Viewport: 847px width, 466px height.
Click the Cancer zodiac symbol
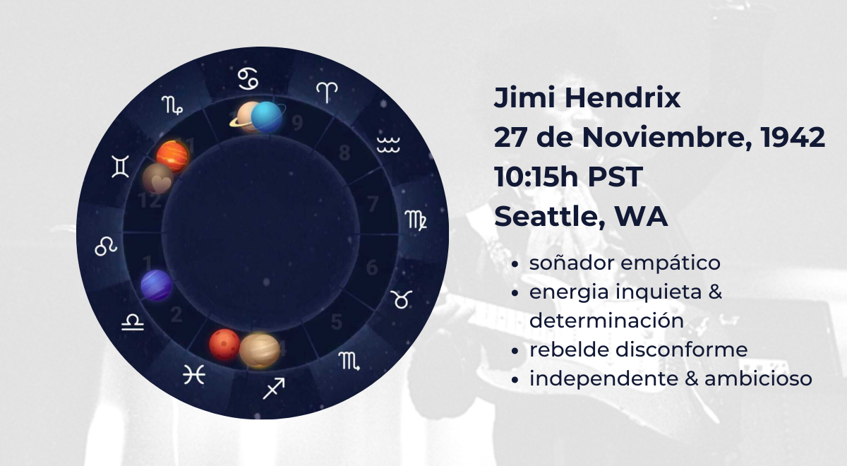248,78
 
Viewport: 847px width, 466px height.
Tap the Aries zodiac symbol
327,92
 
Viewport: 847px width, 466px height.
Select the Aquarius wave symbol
388,145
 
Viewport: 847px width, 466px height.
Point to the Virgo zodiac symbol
416,220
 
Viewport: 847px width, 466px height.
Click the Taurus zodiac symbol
401,299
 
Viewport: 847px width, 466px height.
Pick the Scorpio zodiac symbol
349,362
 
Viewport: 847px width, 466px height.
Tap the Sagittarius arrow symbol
274,388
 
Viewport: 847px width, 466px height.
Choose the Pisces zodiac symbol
194,375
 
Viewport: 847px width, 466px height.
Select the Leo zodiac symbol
106,246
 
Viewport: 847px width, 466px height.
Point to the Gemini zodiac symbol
120,167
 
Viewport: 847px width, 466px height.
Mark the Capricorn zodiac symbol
172,104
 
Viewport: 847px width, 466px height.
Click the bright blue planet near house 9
267,117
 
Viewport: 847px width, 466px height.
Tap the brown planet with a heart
158,179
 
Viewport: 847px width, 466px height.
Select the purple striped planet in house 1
156,285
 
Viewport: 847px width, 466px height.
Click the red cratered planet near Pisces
224,345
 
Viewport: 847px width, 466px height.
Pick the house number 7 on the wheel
373,204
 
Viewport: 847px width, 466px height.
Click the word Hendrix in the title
623,97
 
